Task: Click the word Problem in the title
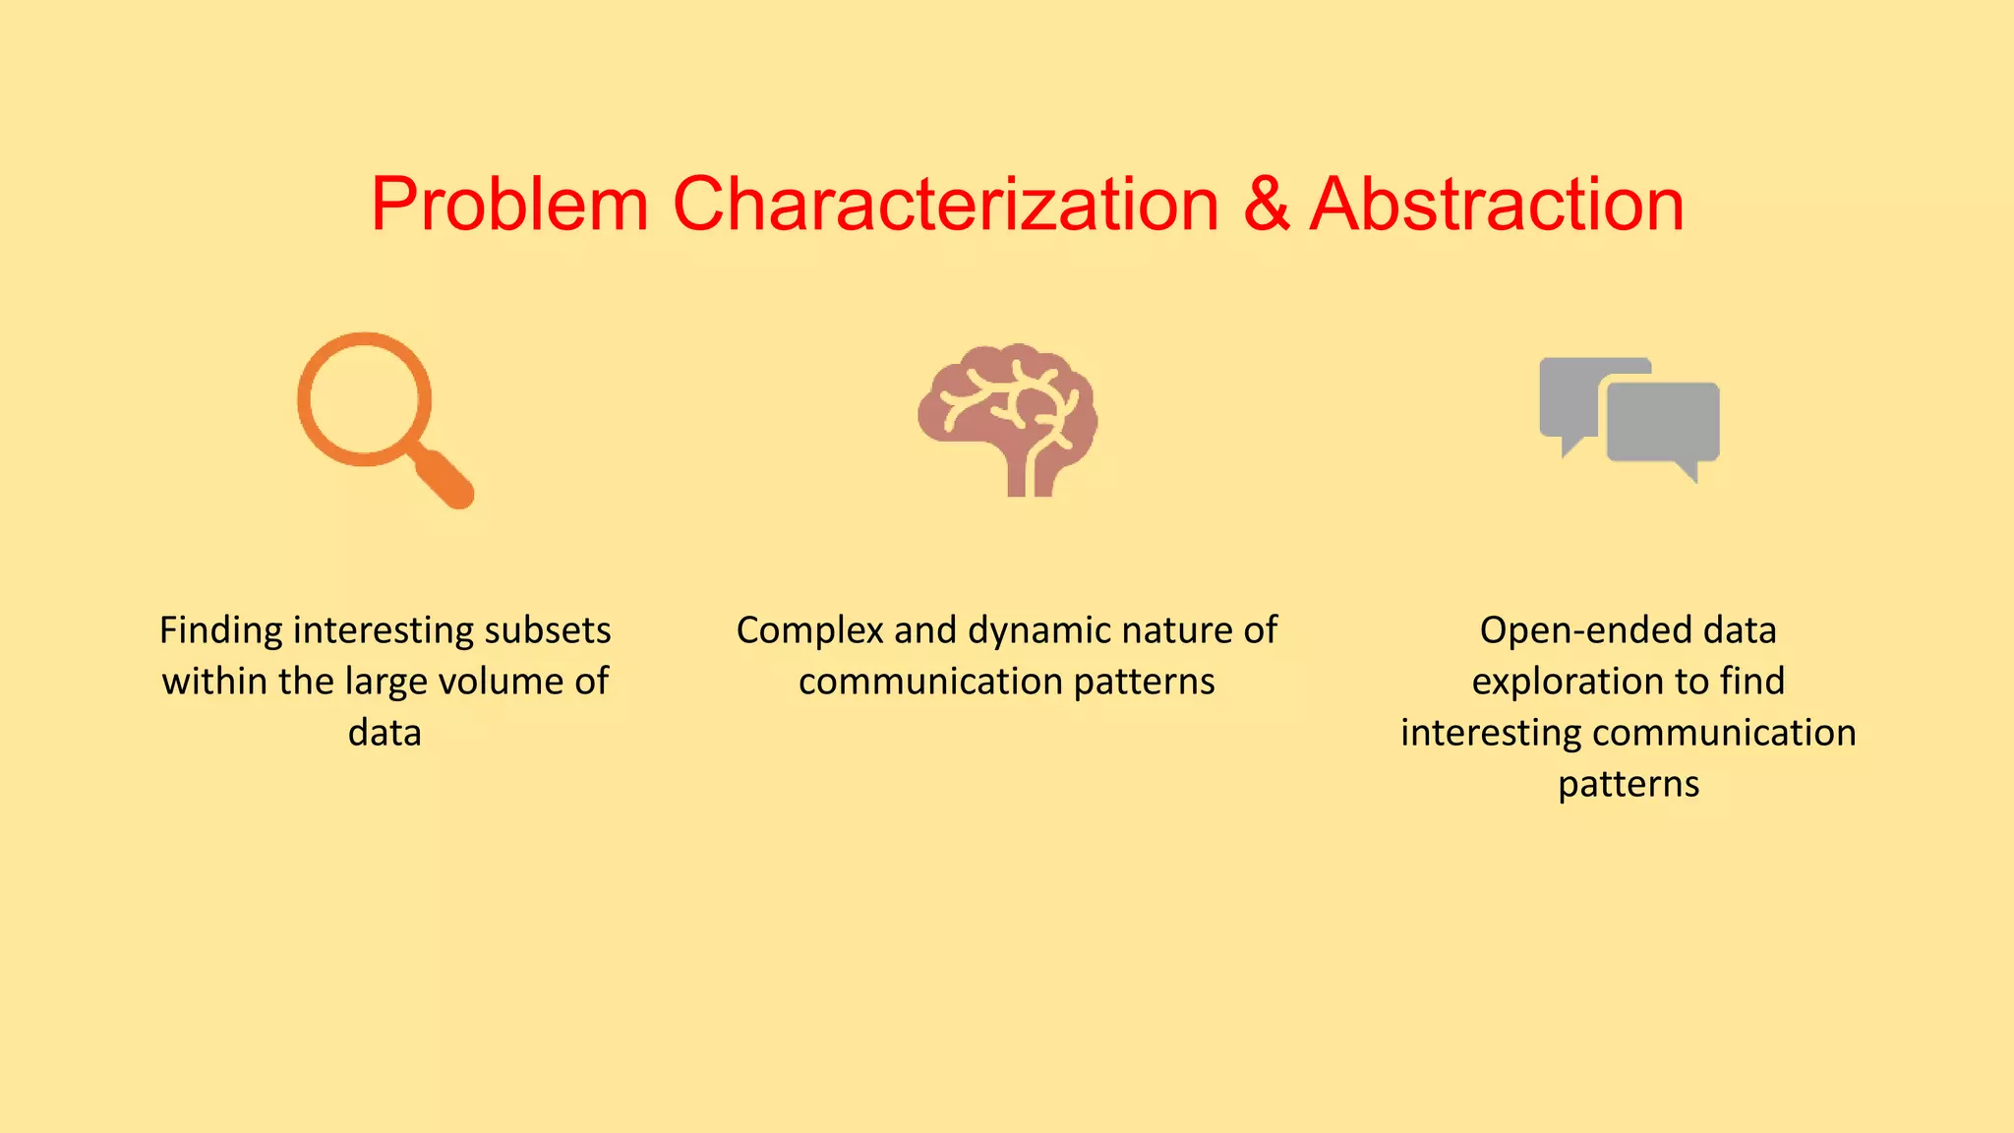pyautogui.click(x=508, y=205)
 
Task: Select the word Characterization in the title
pyautogui.click(x=945, y=205)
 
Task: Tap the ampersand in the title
pyautogui.click(x=1266, y=205)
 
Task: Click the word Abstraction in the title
pyautogui.click(x=1497, y=205)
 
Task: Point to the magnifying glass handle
pyautogui.click(x=444, y=478)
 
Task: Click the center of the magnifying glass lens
pyautogui.click(x=365, y=399)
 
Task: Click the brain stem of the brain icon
pyautogui.click(x=1031, y=476)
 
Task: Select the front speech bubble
pyautogui.click(x=1663, y=423)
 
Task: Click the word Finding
pyautogui.click(x=221, y=630)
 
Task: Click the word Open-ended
pyautogui.click(x=1586, y=630)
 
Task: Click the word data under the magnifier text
pyautogui.click(x=385, y=733)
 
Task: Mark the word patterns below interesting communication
pyautogui.click(x=1629, y=784)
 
